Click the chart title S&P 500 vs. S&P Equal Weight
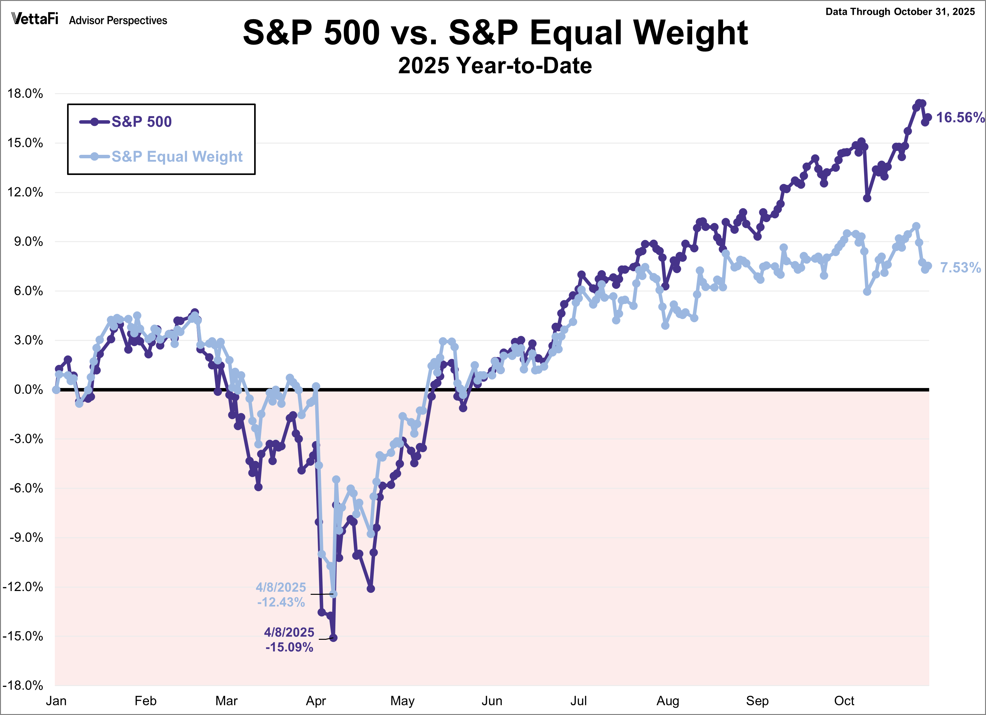coord(495,33)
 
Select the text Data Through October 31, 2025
coord(900,12)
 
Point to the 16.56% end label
coord(960,118)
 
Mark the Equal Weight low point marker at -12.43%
coord(333,594)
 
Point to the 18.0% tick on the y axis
coord(25,93)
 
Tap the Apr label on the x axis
coord(316,701)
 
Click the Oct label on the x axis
coord(844,701)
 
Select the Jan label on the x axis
coord(56,701)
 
